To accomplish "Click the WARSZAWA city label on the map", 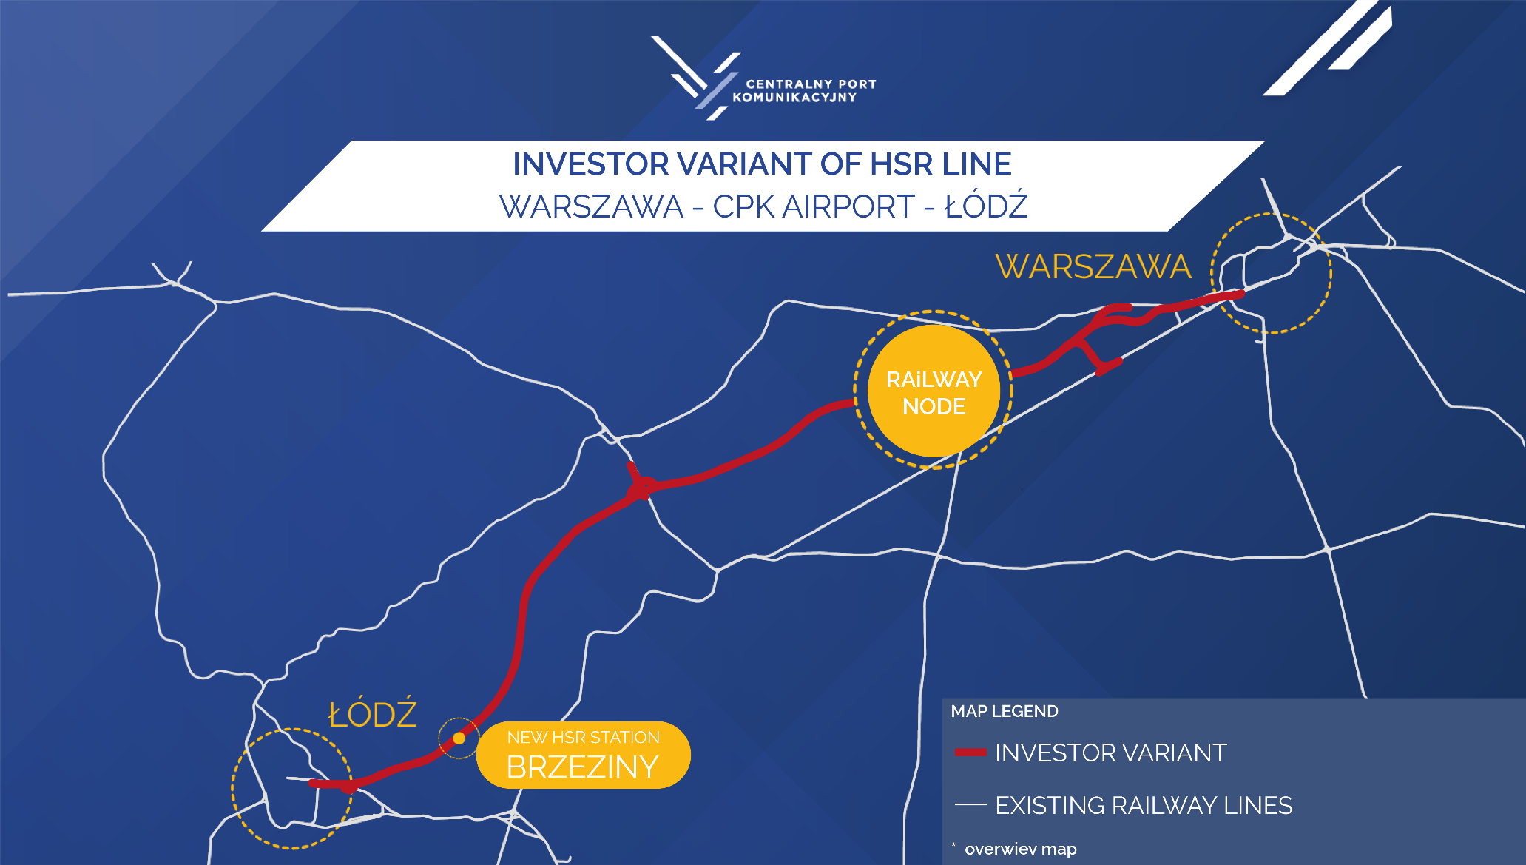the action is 1093,267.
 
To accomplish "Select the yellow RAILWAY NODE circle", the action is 934,391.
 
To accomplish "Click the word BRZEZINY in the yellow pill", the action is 582,767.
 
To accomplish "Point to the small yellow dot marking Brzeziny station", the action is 459,738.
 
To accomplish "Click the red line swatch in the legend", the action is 970,753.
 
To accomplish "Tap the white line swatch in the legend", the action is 970,804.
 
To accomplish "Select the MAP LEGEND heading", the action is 1005,711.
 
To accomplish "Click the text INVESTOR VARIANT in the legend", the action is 1111,753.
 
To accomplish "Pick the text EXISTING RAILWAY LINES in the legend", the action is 1144,805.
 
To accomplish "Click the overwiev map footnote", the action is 1020,849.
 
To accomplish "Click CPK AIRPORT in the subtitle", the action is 814,206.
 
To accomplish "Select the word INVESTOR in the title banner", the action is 590,164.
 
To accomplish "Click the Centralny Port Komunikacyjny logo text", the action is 804,91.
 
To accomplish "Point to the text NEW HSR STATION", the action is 583,737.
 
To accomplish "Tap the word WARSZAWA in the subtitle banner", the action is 591,206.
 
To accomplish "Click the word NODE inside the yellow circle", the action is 934,406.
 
